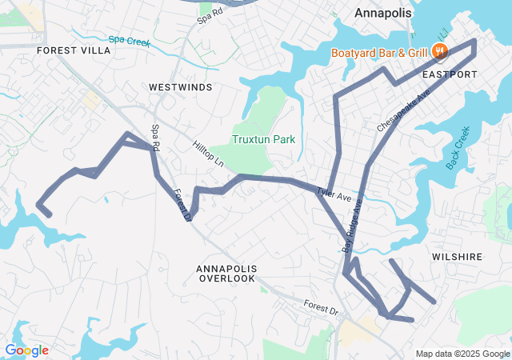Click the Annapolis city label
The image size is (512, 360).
[382, 14]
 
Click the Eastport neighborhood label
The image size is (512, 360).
[450, 74]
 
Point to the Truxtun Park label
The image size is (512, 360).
[263, 139]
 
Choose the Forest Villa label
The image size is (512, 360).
[74, 50]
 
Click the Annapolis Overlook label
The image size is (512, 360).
[226, 273]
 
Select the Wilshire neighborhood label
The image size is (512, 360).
[458, 257]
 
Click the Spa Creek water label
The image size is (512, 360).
[129, 39]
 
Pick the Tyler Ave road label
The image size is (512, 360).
[334, 194]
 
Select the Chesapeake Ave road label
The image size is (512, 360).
[403, 110]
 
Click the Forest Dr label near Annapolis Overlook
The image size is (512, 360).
[322, 306]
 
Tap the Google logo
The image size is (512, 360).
[26, 350]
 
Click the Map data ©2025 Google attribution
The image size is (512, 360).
[462, 354]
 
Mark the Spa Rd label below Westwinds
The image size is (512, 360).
[156, 138]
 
